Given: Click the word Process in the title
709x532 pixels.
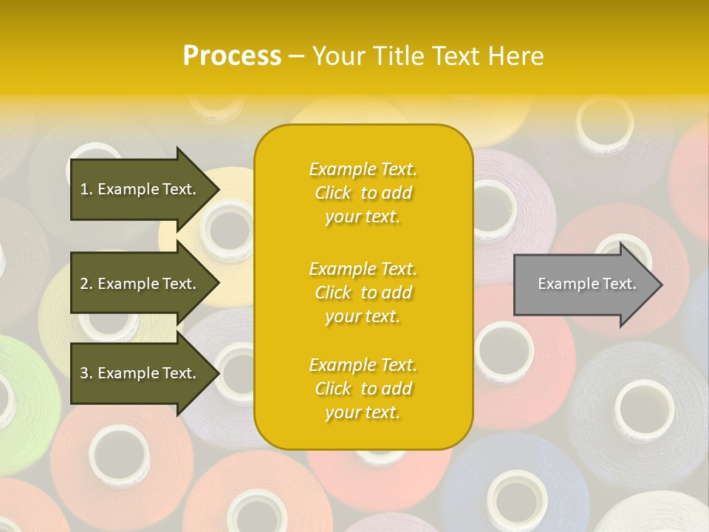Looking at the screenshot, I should (232, 56).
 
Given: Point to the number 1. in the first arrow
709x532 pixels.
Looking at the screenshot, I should (86, 189).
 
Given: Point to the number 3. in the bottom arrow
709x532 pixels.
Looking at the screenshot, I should (86, 373).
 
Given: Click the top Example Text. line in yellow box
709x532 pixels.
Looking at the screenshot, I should (363, 170).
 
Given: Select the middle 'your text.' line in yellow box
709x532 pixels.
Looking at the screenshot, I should (363, 316).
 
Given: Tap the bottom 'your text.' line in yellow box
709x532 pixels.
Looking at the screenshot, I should (363, 412).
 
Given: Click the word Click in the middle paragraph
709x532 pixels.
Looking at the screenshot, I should (333, 293).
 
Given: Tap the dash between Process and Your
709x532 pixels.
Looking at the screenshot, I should (296, 56).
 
